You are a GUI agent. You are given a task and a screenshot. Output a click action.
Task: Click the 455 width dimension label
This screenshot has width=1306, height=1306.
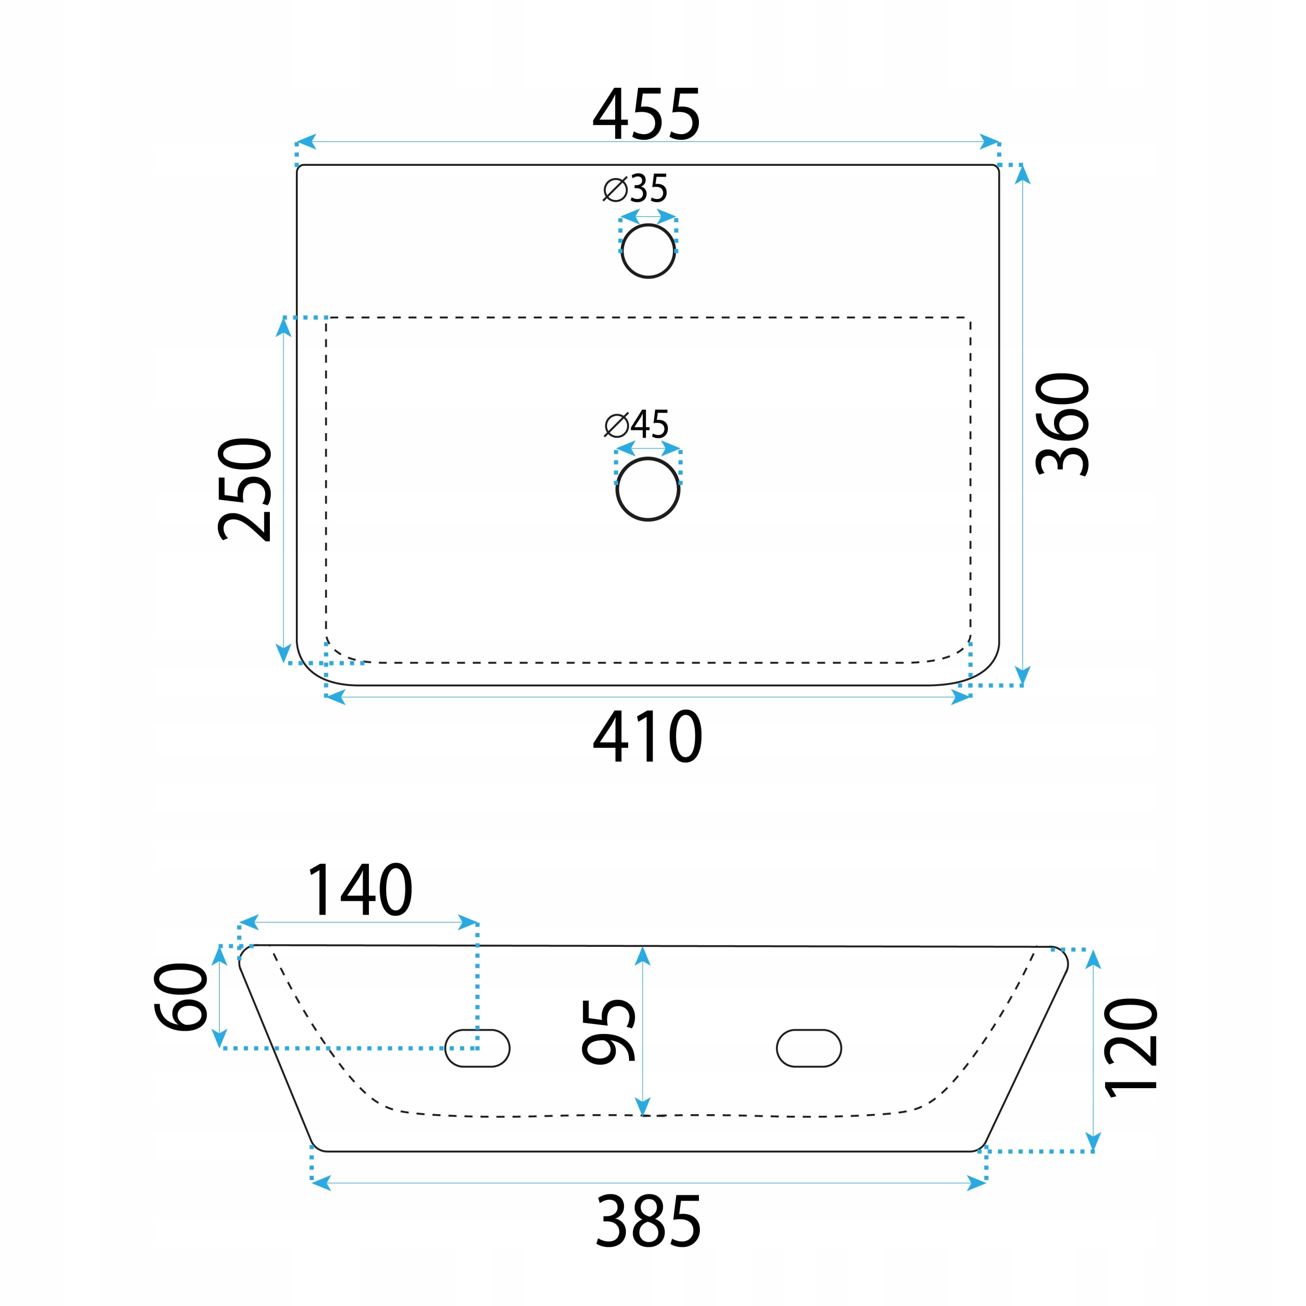646,114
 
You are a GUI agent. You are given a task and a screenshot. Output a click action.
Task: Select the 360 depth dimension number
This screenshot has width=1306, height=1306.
1062,424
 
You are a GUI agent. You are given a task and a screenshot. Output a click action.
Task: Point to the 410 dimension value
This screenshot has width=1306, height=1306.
647,736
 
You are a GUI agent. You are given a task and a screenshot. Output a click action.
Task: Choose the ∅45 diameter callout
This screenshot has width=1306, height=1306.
636,424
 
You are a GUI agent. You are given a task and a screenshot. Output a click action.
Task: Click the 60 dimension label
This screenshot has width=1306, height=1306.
181,996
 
